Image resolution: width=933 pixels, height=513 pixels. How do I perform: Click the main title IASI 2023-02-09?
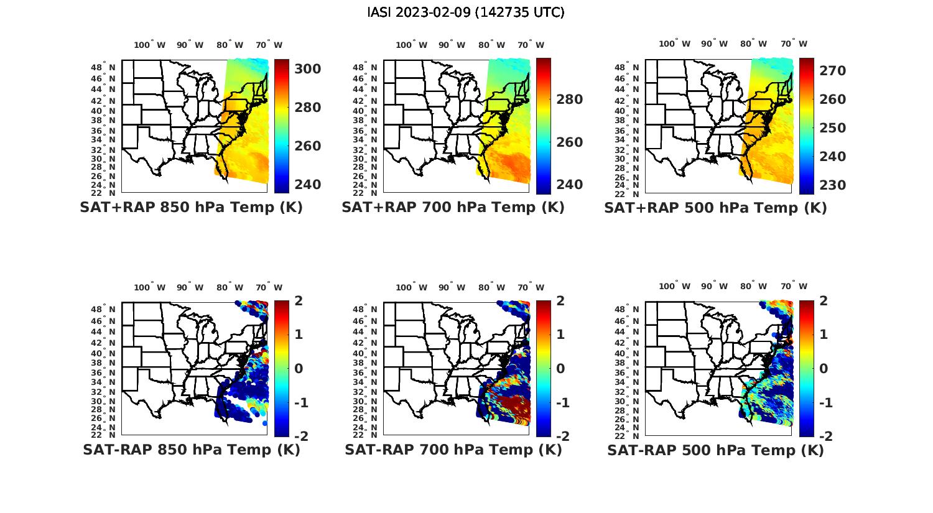[466, 12]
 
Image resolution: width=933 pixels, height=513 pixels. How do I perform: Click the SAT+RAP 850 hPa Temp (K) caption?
[191, 207]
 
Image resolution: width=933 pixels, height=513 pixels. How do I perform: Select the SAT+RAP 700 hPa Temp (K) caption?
[453, 207]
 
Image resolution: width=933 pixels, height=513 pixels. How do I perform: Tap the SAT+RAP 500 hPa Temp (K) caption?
[715, 208]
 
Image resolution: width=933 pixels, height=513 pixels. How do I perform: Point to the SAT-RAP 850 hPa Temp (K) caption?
[191, 450]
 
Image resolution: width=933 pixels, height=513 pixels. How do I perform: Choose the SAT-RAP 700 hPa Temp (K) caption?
[453, 450]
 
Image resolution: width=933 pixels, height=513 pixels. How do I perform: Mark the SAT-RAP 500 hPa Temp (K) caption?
[715, 450]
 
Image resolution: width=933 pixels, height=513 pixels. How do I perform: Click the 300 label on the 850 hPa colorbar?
[307, 68]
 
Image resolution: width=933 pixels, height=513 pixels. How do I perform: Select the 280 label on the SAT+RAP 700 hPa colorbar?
[569, 99]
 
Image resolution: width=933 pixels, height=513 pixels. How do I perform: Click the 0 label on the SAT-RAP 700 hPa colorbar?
[560, 369]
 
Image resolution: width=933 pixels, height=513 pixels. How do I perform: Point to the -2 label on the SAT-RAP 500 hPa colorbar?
[825, 437]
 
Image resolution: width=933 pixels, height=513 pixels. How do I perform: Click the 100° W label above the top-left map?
[150, 45]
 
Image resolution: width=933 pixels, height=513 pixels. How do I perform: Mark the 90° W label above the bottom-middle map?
[452, 287]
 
